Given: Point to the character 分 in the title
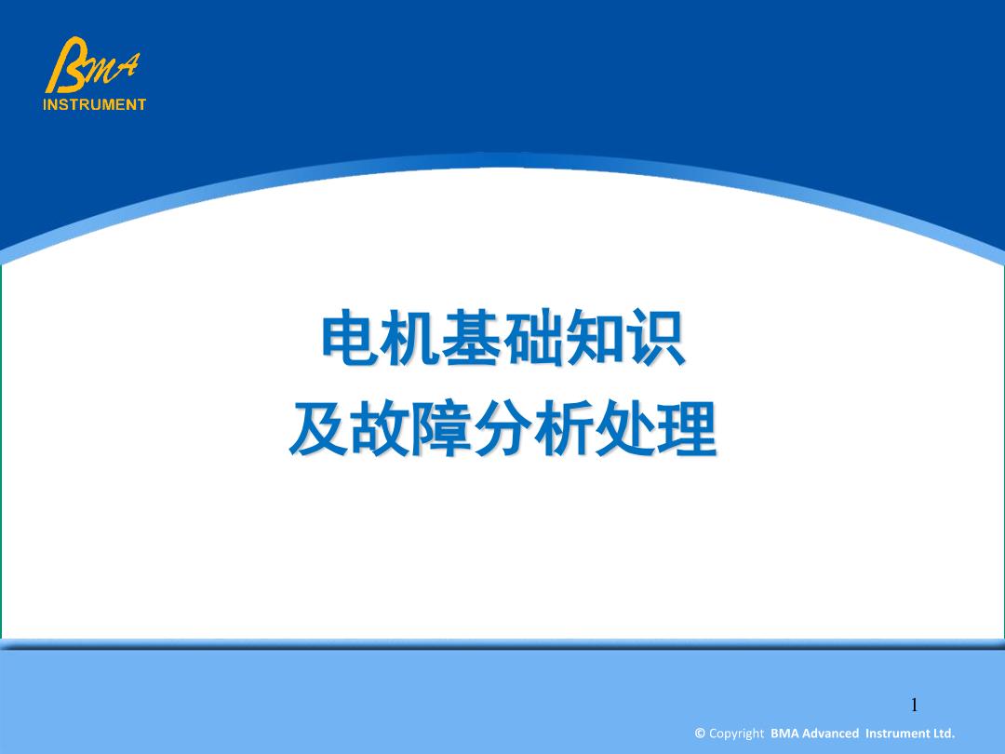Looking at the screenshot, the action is click(x=502, y=427).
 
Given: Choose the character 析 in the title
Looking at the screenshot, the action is click(x=563, y=427).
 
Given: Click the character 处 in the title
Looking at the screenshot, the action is click(x=625, y=427).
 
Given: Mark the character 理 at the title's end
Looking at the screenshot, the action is click(x=687, y=427).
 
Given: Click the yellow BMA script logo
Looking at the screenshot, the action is click(x=92, y=65).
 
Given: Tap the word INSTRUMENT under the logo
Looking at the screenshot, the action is click(x=94, y=104).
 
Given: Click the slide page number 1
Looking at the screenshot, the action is click(x=915, y=706).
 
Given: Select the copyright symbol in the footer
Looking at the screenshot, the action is click(x=700, y=733).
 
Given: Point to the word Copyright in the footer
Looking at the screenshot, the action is click(x=736, y=734).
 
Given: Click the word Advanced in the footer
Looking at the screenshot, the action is click(x=830, y=733).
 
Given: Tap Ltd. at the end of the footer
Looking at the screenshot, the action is click(x=942, y=733).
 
